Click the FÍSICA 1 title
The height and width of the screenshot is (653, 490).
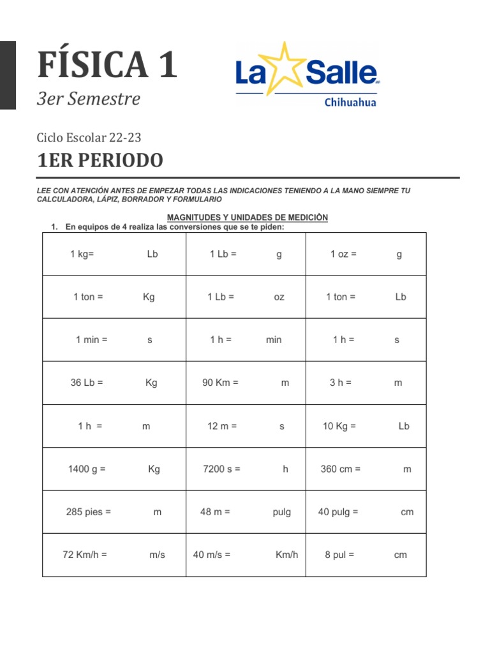(x=107, y=65)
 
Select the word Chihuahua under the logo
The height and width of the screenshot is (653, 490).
(x=350, y=102)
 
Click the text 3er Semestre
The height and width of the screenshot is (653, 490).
(x=89, y=99)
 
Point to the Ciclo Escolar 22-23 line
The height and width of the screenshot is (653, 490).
(x=89, y=137)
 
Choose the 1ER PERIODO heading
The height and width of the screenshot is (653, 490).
(x=100, y=161)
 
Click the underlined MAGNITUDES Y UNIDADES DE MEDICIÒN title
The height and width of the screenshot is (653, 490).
(x=247, y=217)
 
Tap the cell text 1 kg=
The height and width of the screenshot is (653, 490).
(x=82, y=254)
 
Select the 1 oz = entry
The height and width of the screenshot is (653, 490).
(x=343, y=254)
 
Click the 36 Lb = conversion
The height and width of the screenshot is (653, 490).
(x=87, y=383)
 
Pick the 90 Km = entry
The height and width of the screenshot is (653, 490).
(x=220, y=383)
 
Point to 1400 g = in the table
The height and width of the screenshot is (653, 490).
(x=87, y=469)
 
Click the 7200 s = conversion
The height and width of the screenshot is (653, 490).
(x=221, y=469)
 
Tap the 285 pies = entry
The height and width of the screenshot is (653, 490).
(x=89, y=511)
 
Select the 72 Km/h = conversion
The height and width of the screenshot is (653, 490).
(x=85, y=555)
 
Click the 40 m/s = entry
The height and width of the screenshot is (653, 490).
(x=212, y=555)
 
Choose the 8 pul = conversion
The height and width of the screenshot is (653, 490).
(x=339, y=555)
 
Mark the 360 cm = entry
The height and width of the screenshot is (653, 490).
(x=341, y=469)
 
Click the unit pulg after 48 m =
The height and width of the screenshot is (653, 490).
(x=281, y=512)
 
